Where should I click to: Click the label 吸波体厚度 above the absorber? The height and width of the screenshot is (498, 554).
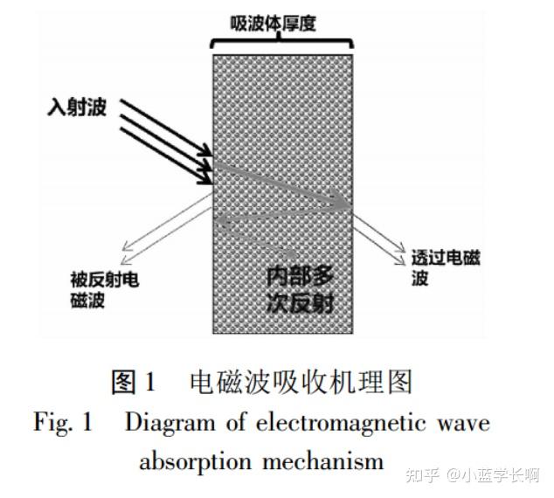tap(280, 22)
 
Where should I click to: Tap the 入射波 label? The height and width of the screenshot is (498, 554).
tap(77, 111)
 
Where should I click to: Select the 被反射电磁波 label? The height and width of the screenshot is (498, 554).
tap(103, 290)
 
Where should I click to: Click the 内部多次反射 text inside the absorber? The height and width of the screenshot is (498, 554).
tap(300, 290)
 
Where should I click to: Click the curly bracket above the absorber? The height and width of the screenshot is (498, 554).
tap(281, 41)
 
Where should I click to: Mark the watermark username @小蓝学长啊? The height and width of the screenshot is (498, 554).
tap(493, 475)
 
